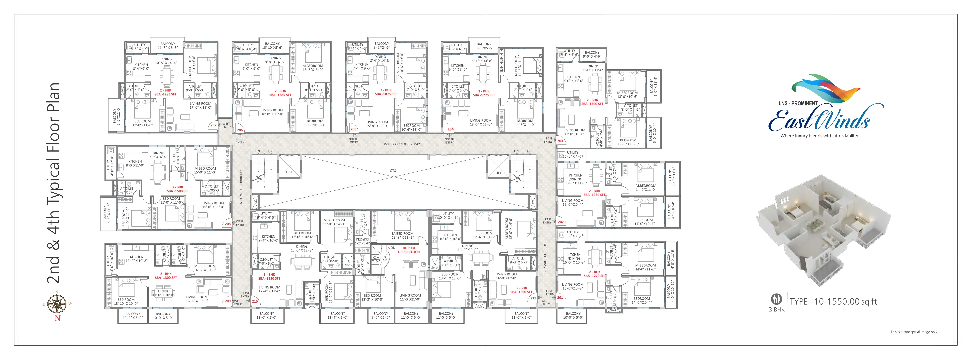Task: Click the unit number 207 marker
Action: (213, 125)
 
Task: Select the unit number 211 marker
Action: (533, 298)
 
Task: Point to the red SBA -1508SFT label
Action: (177, 191)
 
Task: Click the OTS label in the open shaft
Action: (393, 171)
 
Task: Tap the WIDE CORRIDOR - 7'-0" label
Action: (402, 144)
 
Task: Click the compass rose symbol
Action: (57, 303)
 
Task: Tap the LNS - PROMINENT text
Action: (798, 103)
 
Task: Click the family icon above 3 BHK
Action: (776, 299)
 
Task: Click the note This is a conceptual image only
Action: (914, 332)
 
